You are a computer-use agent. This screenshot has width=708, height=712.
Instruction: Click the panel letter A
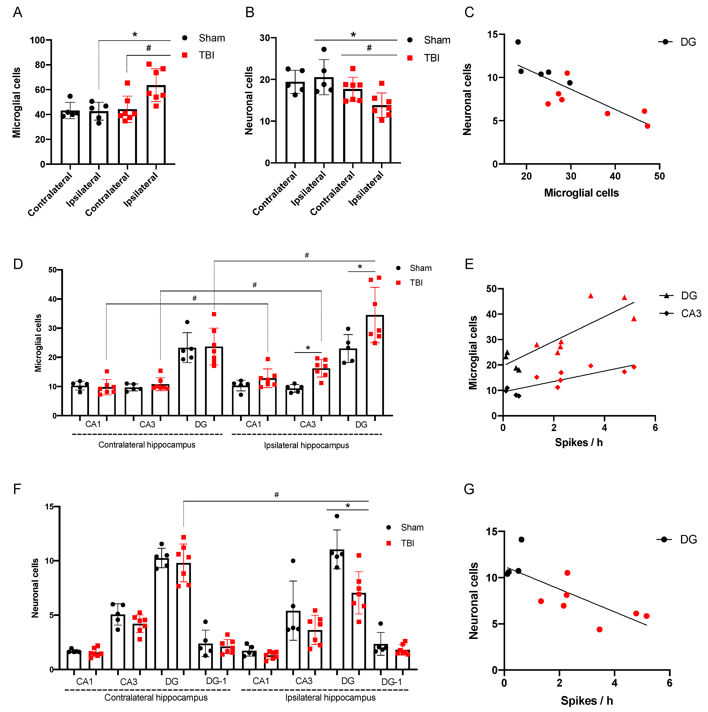coord(17,13)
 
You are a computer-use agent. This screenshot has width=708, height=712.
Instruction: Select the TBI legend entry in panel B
coord(432,58)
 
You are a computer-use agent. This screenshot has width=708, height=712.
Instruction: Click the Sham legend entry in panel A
coord(211,38)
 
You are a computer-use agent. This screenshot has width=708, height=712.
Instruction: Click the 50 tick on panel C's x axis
coord(659,176)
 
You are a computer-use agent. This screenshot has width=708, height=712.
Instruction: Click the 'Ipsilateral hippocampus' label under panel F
coord(330,698)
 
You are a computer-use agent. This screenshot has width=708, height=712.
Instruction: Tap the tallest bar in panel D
coord(375,365)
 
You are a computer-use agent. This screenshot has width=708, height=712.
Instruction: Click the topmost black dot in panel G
coord(521,540)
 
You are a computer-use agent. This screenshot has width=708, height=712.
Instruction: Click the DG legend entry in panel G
coord(688,540)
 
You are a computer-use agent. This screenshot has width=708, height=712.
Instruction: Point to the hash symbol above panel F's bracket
coord(276,495)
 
